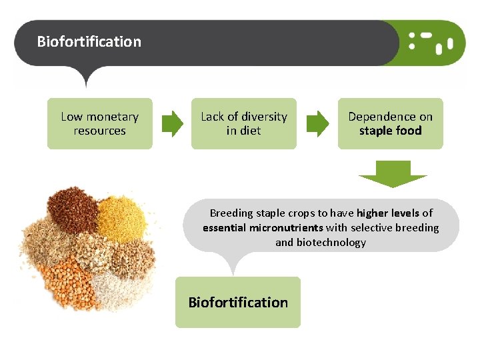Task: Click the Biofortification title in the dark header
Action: click(89, 41)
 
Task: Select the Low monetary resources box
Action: click(99, 123)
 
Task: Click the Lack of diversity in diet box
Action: click(243, 123)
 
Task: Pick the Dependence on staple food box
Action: click(390, 123)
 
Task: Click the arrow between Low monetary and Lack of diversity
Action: click(173, 123)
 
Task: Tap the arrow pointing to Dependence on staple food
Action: click(317, 123)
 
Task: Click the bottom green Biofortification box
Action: click(238, 302)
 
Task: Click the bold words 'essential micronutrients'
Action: click(263, 228)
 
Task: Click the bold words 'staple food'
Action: click(390, 131)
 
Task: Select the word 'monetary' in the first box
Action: click(113, 117)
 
